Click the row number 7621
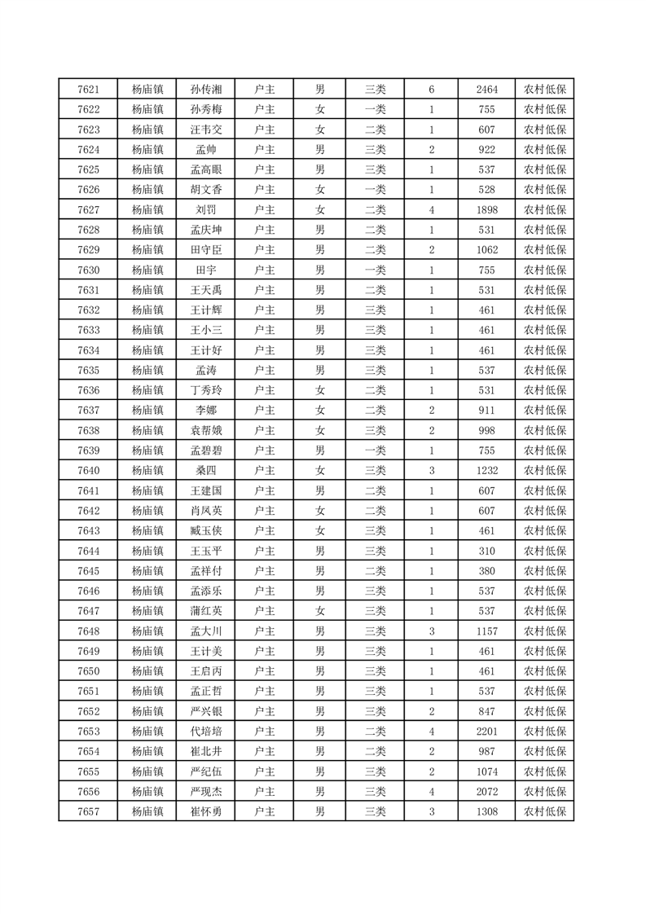click(88, 90)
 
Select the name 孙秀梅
click(205, 110)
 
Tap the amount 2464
click(486, 90)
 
